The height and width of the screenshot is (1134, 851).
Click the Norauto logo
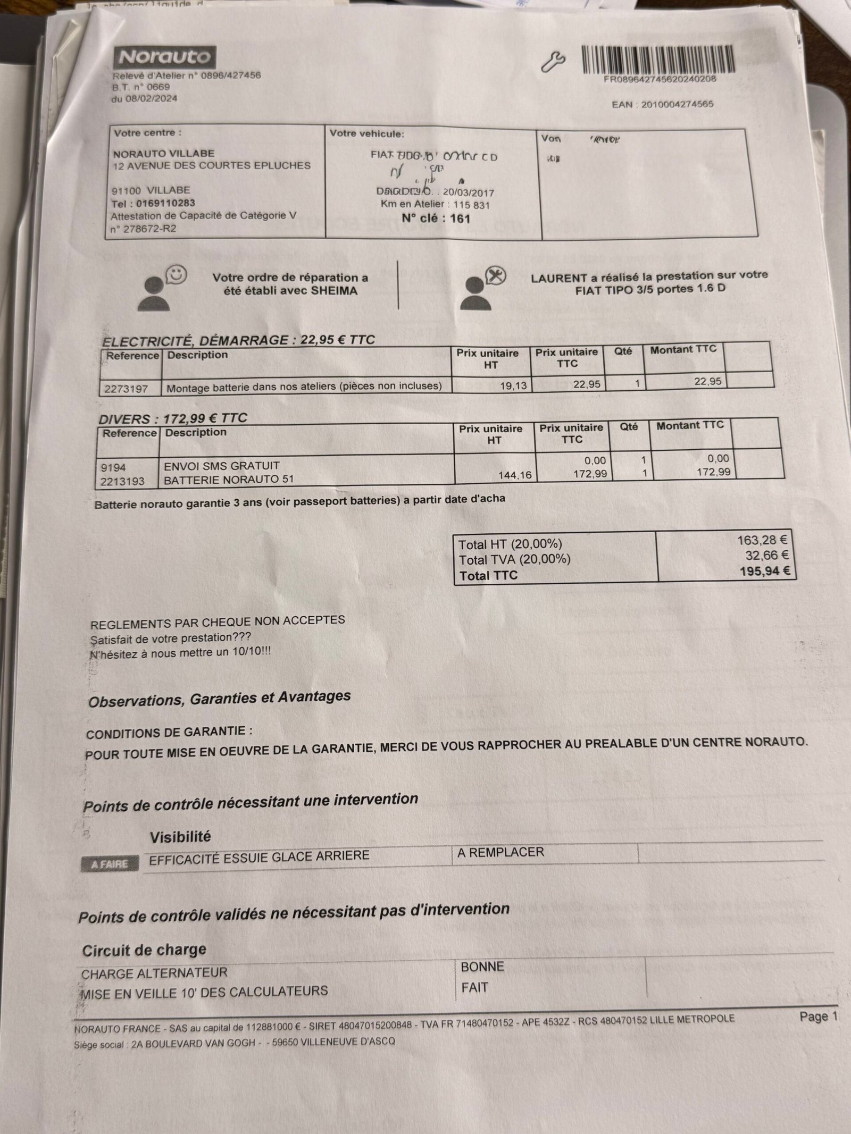tap(164, 57)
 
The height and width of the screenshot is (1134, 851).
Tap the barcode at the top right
tap(660, 60)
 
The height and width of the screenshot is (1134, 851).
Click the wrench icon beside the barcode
tap(553, 62)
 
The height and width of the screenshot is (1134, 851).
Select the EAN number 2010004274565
tap(677, 104)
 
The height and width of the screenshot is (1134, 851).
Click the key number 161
tap(460, 218)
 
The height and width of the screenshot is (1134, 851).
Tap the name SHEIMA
tap(335, 291)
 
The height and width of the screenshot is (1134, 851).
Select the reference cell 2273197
tap(126, 389)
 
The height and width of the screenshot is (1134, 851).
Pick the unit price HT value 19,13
tap(513, 386)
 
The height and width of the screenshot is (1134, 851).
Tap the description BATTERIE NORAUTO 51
tap(229, 480)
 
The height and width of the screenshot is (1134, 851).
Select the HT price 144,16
tap(514, 475)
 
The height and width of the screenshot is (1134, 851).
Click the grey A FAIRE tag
tap(110, 864)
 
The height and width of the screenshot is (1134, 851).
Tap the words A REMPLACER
tap(500, 852)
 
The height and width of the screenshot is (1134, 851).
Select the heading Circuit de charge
tap(144, 950)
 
